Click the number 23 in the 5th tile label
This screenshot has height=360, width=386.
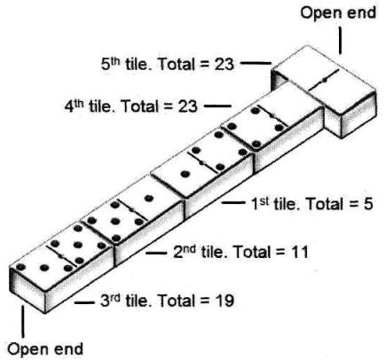(224, 64)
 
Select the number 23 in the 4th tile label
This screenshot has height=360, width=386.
(187, 106)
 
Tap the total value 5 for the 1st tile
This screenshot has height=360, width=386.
(368, 204)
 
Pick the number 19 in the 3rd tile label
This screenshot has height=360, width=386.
(224, 301)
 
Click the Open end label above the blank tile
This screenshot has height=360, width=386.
(338, 13)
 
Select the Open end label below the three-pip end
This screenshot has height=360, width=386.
(45, 349)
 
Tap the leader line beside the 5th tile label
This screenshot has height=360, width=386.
(256, 63)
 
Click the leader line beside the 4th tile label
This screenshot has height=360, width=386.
(217, 106)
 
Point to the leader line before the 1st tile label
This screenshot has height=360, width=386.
(233, 202)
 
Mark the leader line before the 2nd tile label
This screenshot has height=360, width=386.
(156, 253)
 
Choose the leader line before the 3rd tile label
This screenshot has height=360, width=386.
(83, 302)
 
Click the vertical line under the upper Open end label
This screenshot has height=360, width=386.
(341, 41)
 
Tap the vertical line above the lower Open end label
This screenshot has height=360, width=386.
(22, 321)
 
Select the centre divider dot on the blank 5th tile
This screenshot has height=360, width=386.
(325, 80)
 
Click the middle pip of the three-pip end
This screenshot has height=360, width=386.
(44, 268)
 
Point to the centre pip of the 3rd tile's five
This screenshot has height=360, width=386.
(78, 245)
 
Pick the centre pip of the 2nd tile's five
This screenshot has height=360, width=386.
(115, 221)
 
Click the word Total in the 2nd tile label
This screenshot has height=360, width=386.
(252, 252)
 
